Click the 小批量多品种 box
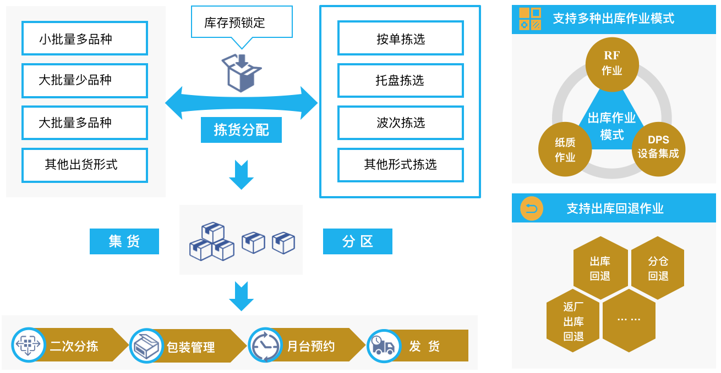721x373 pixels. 84,38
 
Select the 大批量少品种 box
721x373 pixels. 84,80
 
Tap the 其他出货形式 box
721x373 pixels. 84,165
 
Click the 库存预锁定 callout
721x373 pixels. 242,22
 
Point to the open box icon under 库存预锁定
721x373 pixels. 241,73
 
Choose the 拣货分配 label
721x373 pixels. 241,130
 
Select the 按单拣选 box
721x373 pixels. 400,38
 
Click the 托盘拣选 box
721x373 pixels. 400,80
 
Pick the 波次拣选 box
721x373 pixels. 400,123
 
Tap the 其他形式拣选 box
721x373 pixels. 400,165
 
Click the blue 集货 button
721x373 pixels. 124,241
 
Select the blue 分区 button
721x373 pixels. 358,241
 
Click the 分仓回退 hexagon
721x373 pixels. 658,268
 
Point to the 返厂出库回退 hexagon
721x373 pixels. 573,321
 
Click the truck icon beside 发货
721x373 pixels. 384,346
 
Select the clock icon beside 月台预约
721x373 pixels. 265,345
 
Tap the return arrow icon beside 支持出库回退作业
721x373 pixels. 532,209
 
